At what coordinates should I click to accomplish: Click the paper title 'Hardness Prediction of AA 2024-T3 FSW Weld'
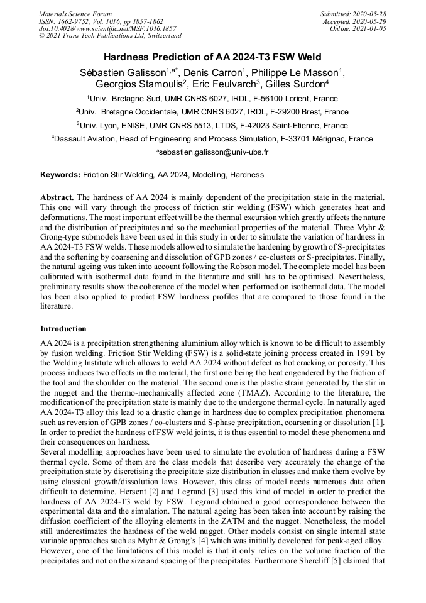pos(212,57)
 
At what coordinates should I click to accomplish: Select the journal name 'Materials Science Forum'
pos(75,14)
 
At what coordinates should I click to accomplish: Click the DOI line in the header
pos(107,28)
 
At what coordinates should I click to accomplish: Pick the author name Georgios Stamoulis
pos(134,84)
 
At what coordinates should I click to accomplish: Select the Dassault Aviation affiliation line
pos(212,139)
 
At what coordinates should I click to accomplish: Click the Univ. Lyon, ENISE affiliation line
pos(212,126)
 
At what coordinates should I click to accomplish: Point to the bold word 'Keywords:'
pos(60,174)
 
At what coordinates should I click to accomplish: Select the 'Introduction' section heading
pos(63,328)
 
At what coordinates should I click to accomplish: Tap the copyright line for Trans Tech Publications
pos(110,36)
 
